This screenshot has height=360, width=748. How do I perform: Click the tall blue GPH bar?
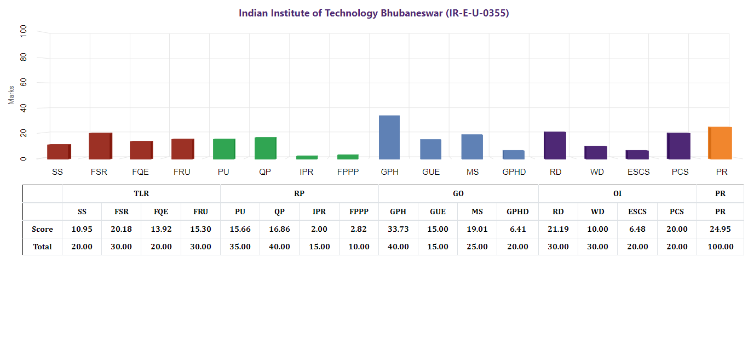pos(389,137)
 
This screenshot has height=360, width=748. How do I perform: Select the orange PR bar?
pos(720,143)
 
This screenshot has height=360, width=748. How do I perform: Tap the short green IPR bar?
pos(307,157)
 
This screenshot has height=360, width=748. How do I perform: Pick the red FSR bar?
pos(100,146)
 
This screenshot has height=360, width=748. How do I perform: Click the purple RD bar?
pos(555,145)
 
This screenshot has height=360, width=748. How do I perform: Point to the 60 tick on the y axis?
pos(23,83)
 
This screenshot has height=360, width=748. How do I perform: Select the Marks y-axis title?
pos(11,95)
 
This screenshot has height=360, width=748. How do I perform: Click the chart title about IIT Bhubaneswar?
pos(374,13)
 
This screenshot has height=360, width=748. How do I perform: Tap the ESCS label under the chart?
pos(638,172)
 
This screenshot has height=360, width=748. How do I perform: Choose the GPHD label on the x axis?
pos(514,172)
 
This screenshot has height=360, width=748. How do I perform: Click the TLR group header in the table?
pos(141,194)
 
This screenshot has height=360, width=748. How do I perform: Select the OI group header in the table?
pos(617,194)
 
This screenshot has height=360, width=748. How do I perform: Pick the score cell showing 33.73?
pos(398,229)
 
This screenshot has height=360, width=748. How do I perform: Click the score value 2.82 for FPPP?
pos(359,229)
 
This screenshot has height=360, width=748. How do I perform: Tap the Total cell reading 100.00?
pos(720,247)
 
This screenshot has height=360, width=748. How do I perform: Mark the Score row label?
pos(42,229)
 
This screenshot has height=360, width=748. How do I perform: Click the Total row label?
pos(42,247)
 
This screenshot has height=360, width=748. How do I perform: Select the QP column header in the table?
pos(279,212)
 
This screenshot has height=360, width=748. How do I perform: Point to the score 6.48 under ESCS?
pos(637,229)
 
